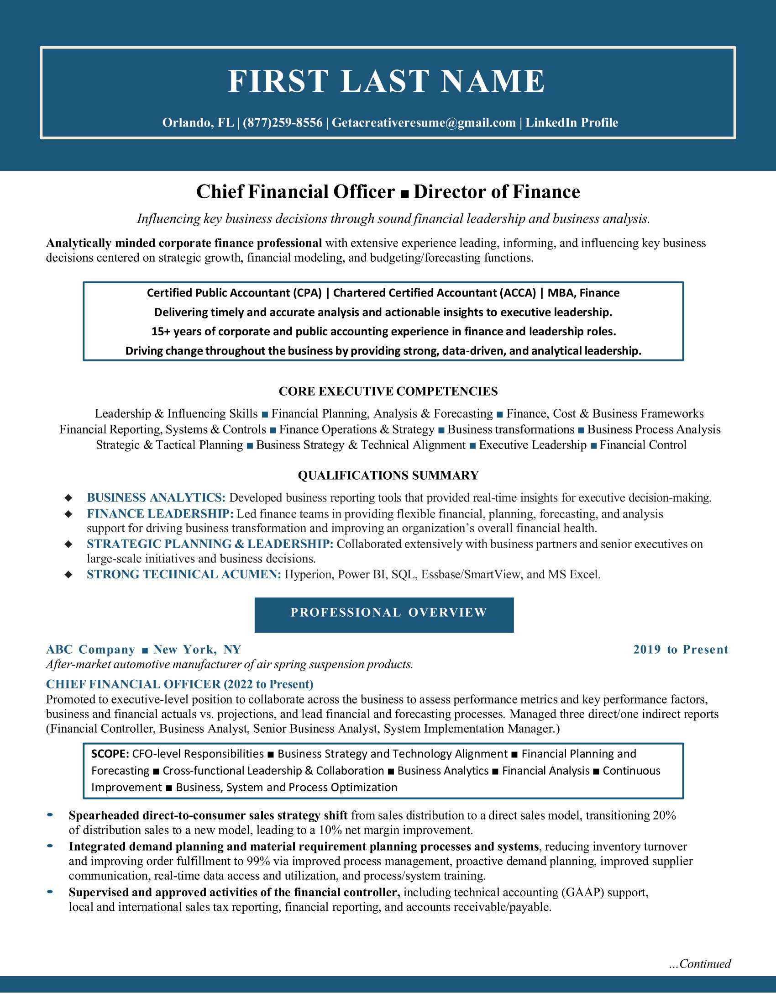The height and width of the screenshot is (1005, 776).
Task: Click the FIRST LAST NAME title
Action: (387, 81)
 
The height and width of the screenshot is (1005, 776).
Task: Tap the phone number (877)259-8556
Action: (282, 123)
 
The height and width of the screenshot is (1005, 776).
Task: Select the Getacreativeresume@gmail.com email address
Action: (424, 123)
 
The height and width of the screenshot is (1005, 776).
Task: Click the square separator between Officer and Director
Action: (404, 194)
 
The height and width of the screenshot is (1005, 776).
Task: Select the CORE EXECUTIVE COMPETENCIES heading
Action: (388, 391)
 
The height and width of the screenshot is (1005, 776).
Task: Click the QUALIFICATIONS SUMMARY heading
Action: (388, 476)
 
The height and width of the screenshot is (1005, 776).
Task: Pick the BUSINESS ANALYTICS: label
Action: (156, 497)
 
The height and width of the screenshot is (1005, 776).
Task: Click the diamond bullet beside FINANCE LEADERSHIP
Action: (68, 514)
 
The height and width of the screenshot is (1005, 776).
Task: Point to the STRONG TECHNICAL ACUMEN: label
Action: (184, 574)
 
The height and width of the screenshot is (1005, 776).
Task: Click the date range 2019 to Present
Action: (681, 649)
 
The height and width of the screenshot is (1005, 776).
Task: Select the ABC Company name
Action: (90, 649)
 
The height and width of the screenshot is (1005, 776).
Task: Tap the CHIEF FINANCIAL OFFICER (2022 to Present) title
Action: (179, 684)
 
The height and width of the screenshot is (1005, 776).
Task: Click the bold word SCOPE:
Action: (110, 754)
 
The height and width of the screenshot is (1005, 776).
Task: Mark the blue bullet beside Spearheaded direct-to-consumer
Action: (50, 815)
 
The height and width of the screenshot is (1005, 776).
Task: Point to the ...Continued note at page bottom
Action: (700, 963)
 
